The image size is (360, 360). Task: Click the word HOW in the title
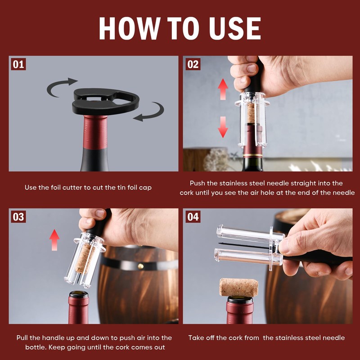(130, 28)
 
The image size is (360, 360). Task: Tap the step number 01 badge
(18, 64)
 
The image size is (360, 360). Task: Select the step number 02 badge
(193, 64)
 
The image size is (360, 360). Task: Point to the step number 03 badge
(18, 216)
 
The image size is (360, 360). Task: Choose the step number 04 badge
(193, 216)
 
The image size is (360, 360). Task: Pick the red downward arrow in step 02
(223, 127)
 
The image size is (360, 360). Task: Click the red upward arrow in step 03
(54, 240)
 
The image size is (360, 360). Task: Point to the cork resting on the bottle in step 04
(238, 287)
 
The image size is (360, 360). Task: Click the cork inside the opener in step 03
(84, 259)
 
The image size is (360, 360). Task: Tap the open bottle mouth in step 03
(79, 294)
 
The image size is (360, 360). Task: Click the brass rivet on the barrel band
(140, 266)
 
